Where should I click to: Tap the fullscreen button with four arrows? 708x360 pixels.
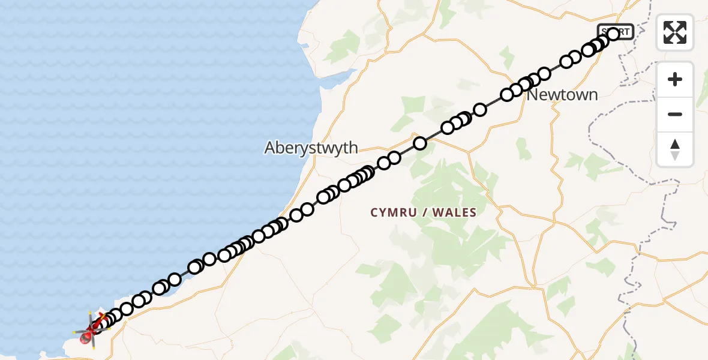[675, 32]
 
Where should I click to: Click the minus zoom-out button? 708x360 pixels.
[675, 114]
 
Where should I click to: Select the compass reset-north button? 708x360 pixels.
[675, 149]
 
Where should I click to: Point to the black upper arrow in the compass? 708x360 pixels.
[675, 144]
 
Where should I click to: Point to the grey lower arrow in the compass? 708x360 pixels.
[675, 155]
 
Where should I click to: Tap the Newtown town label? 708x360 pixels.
[562, 95]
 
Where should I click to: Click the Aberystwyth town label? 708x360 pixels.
[311, 148]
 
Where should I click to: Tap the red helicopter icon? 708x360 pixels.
[92, 329]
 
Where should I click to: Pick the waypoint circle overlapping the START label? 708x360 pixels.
[613, 34]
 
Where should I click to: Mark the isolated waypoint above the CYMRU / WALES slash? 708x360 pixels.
[420, 143]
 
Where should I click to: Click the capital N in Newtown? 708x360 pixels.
[533, 95]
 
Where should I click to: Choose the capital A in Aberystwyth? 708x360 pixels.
[270, 148]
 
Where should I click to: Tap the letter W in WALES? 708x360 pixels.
[436, 212]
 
